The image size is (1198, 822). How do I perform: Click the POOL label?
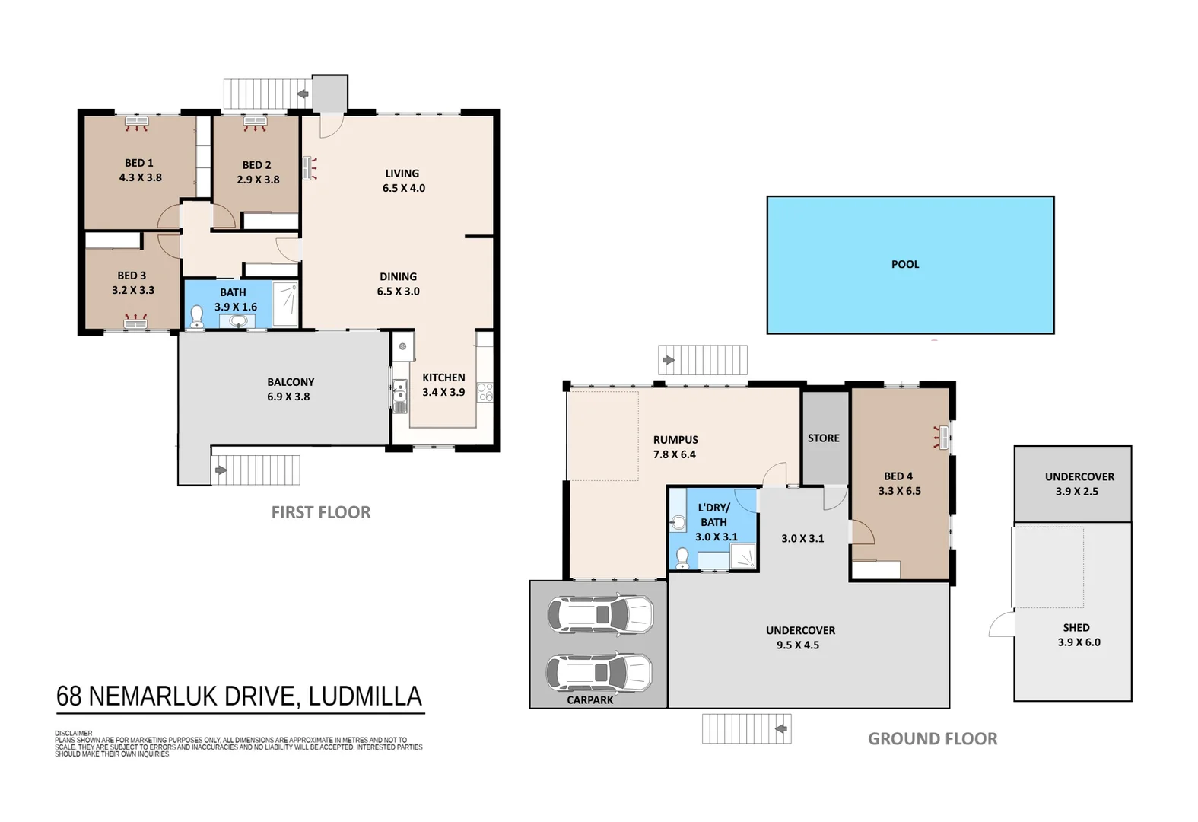(x=904, y=264)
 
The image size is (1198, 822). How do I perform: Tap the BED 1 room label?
(x=139, y=163)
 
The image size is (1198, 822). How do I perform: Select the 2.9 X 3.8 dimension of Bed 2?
(x=258, y=180)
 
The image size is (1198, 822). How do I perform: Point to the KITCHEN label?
(x=443, y=378)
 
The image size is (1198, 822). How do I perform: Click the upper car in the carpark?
(x=599, y=613)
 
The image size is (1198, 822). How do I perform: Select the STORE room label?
(x=823, y=438)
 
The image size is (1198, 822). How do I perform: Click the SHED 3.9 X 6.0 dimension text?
(x=1079, y=642)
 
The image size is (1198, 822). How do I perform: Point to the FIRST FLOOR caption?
(x=321, y=512)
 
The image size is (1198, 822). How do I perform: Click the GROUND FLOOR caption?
(x=933, y=738)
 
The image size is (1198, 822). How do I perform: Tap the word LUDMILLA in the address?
(x=365, y=696)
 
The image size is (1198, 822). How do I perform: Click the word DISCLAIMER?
(x=74, y=734)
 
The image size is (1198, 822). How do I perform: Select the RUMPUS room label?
(x=675, y=440)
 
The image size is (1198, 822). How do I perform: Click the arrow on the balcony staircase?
(x=221, y=470)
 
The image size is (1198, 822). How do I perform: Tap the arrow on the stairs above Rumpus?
(x=669, y=360)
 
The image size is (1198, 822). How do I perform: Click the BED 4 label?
(x=898, y=476)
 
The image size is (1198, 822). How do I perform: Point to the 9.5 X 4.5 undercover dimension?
(x=798, y=645)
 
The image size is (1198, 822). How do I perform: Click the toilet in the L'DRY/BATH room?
(x=682, y=559)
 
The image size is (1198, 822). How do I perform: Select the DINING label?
(x=398, y=277)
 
